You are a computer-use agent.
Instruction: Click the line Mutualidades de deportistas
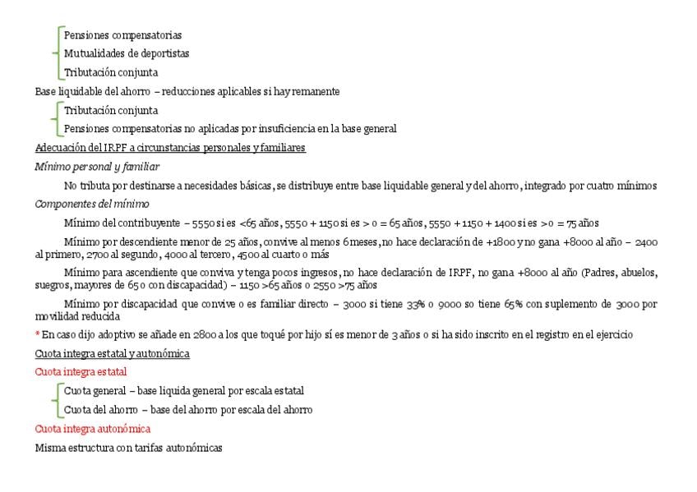[127, 53]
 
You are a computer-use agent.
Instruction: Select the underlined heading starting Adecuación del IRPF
[170, 148]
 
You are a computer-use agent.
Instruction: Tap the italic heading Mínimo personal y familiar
[97, 167]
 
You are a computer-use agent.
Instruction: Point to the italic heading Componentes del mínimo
[92, 204]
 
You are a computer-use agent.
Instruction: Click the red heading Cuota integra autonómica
[92, 429]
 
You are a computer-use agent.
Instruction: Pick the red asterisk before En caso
[37, 334]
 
